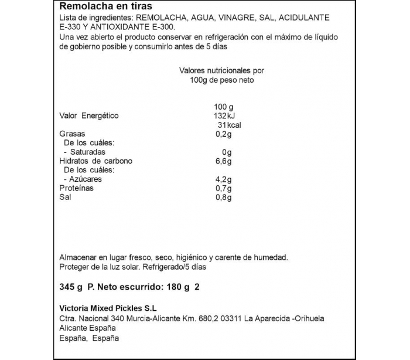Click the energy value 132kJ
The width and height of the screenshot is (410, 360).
224,116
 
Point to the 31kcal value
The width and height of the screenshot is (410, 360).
229,125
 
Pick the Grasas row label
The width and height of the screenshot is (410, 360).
73,134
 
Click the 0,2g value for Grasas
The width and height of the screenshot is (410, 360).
224,134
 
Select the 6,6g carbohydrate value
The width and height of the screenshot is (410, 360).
224,161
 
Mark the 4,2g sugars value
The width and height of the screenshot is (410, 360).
224,179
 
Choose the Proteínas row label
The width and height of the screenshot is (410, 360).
77,188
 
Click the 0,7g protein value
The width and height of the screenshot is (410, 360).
224,188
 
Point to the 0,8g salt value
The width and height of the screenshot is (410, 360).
224,198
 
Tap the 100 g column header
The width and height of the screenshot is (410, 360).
224,107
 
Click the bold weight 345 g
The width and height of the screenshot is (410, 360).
71,287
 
